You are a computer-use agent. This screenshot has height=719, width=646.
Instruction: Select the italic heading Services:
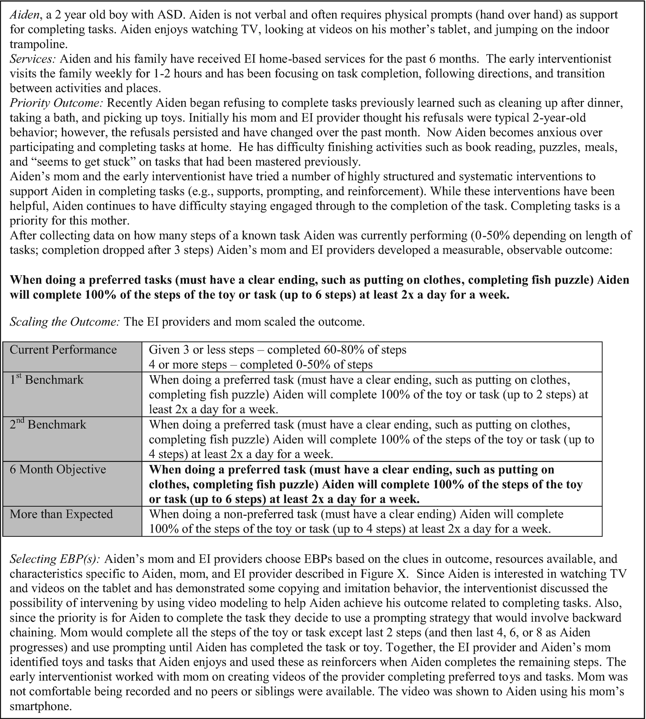tap(33, 59)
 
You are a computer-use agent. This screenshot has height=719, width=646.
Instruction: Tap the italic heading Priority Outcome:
tap(57, 103)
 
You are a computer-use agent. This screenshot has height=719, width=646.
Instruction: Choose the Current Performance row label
tap(63, 350)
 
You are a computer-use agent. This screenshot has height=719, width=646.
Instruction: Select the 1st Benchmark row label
tap(46, 380)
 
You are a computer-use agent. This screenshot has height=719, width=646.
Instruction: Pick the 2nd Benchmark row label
tap(48, 425)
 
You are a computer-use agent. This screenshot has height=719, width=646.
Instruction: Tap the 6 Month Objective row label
tap(58, 469)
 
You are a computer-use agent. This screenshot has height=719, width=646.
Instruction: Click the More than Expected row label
tap(61, 514)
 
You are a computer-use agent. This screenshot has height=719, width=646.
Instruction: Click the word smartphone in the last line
tap(40, 706)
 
